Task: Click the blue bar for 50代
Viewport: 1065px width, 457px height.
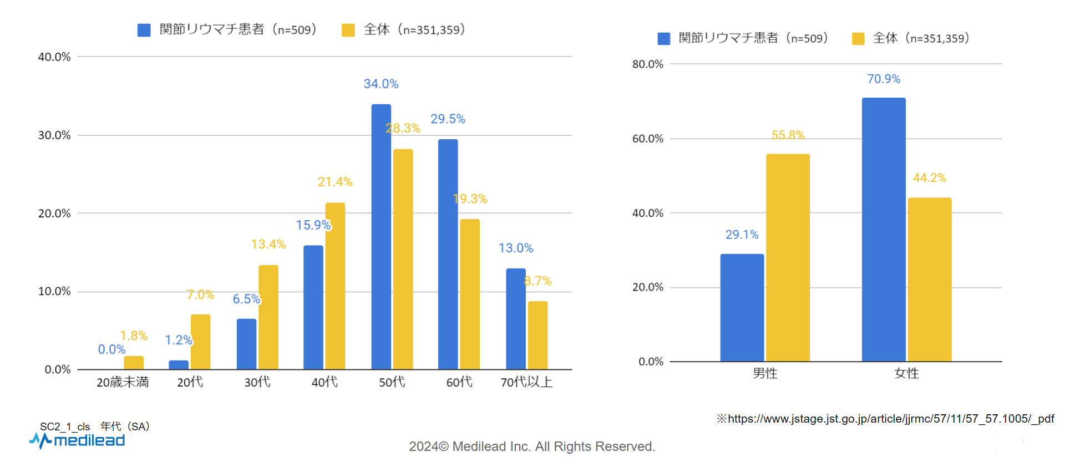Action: (381, 237)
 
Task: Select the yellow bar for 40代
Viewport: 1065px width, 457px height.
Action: (335, 286)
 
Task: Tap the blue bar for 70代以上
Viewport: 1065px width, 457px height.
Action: (515, 319)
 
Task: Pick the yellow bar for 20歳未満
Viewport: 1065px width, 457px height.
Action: (134, 363)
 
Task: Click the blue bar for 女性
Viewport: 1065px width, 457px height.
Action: (884, 230)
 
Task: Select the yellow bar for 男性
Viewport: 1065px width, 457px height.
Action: (788, 258)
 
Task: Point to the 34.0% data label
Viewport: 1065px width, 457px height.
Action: (381, 84)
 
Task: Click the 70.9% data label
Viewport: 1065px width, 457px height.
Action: (884, 79)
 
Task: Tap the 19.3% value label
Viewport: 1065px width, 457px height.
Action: (470, 199)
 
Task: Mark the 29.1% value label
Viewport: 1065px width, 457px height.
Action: (742, 235)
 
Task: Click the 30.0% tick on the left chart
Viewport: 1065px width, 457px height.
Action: (54, 135)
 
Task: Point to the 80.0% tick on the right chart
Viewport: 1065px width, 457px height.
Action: (648, 64)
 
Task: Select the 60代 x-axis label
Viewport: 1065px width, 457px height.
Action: (459, 382)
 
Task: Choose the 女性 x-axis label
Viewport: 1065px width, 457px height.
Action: (906, 373)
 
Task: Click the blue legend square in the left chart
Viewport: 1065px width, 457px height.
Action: (144, 30)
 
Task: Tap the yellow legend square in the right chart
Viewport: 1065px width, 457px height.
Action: (858, 39)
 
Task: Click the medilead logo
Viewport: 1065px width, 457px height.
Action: (78, 441)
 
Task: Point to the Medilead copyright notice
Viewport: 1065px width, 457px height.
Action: (532, 446)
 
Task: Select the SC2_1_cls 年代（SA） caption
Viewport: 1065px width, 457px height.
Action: (95, 426)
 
